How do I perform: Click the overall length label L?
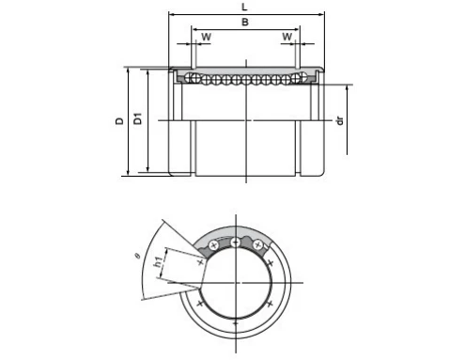click(x=247, y=6)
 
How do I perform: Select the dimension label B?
click(x=245, y=23)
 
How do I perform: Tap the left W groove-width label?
click(x=205, y=38)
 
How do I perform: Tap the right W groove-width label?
click(x=287, y=38)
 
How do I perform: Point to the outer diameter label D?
click(x=119, y=121)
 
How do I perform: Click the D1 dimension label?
click(x=138, y=120)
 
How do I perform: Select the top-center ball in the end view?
click(x=234, y=243)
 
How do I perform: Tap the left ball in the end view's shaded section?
click(x=214, y=246)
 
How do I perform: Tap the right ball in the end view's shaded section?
click(x=254, y=246)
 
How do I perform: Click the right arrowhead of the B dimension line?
click(x=304, y=29)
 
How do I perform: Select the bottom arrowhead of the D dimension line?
click(x=129, y=174)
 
